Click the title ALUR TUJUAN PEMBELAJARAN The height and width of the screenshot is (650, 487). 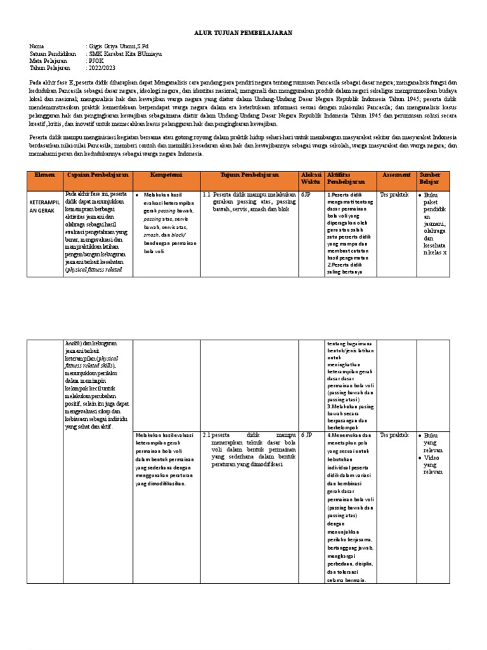click(243, 32)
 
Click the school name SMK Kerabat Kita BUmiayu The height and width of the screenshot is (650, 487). click(126, 54)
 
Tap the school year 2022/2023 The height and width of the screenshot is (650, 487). click(102, 68)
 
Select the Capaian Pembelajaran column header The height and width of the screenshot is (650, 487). click(98, 175)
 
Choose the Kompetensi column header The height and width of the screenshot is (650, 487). click(166, 175)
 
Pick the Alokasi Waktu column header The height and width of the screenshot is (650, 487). click(311, 178)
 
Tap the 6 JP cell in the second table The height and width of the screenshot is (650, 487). click(307, 435)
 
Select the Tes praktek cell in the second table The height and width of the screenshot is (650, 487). click(394, 435)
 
